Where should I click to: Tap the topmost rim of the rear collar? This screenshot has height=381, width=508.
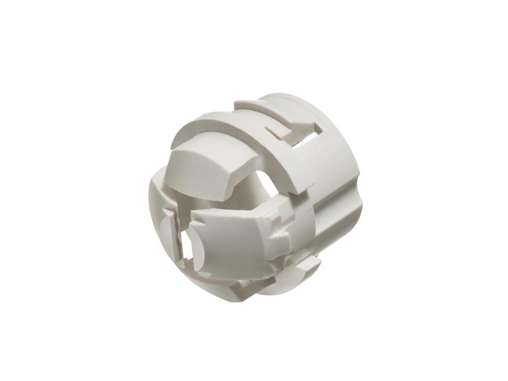[x=279, y=98]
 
